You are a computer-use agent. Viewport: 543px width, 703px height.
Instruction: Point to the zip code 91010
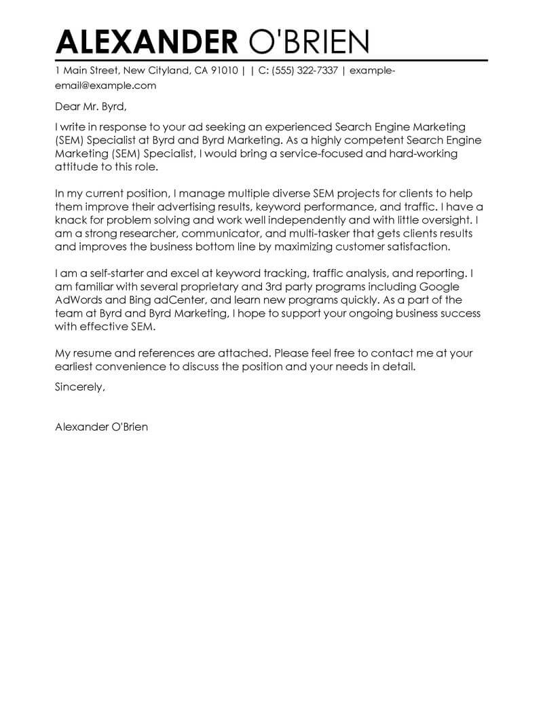pos(225,71)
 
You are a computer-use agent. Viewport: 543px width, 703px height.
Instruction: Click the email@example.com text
pos(105,86)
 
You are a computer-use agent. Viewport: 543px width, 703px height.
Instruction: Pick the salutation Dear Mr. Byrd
pos(91,107)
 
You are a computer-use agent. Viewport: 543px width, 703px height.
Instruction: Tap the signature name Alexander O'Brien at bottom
pos(101,427)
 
